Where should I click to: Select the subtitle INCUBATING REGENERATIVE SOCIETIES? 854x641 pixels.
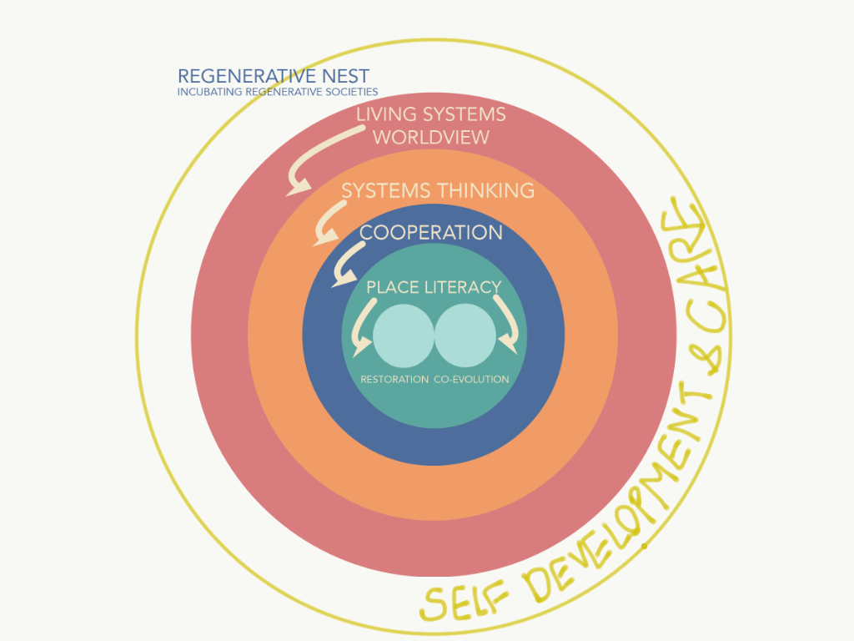278,92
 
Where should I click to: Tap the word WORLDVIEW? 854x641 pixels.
430,137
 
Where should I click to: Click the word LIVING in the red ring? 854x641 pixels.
390,114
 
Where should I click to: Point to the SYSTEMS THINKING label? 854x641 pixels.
438,190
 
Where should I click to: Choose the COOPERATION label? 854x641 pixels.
431,232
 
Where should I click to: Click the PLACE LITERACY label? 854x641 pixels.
434,287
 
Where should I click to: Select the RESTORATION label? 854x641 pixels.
394,379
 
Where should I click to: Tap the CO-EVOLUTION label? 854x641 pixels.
471,379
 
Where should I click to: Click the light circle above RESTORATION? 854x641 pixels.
404,336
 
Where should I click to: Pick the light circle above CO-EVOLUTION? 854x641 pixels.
465,336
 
